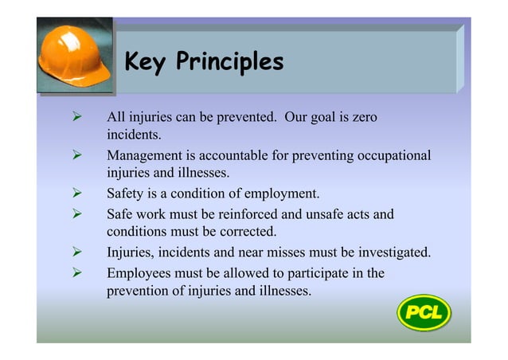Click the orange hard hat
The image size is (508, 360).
74,57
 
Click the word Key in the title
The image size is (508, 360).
144,61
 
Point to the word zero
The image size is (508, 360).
359,118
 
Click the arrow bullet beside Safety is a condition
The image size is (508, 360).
78,193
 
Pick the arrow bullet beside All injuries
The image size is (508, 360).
78,118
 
